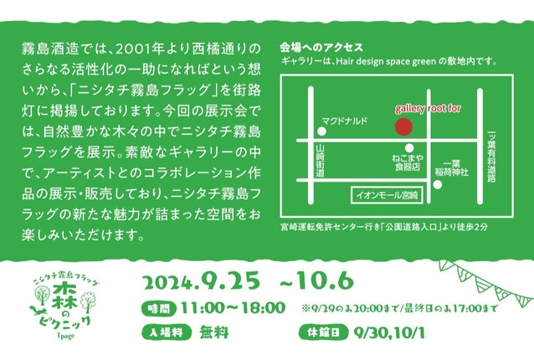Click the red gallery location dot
(403, 126)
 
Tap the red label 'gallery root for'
(428, 109)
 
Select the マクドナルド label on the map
(345, 121)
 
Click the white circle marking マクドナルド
(321, 131)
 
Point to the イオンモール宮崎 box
(387, 195)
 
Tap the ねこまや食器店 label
(408, 162)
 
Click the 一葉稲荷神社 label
(452, 168)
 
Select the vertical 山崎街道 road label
(320, 161)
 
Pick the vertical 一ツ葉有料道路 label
(491, 157)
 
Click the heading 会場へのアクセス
(321, 48)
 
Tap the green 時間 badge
(159, 309)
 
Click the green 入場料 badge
(167, 332)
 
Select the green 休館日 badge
(324, 332)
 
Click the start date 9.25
(230, 281)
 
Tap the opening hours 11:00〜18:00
(233, 308)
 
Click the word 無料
(214, 332)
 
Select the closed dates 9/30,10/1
(389, 332)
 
